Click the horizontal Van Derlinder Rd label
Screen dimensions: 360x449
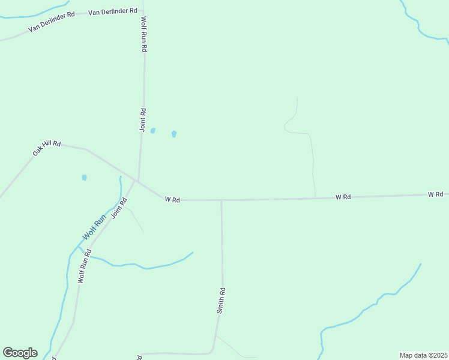[113, 11]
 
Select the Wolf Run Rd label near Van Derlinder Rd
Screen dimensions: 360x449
[144, 34]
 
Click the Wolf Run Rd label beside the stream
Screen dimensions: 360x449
[83, 266]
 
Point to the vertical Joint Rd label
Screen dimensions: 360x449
[143, 119]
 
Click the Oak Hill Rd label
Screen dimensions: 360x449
[47, 148]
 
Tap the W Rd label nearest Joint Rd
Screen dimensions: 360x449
[172, 199]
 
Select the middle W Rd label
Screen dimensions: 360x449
[343, 197]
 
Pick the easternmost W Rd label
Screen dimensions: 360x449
[435, 194]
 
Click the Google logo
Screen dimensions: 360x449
[20, 353]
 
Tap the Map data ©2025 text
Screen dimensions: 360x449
[424, 355]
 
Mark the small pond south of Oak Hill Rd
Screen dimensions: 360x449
[84, 178]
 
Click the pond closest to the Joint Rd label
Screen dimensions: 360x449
[153, 130]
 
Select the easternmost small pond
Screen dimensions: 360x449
[174, 134]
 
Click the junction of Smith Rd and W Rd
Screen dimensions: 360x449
[221, 200]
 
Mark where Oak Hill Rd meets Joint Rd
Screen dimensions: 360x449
[138, 181]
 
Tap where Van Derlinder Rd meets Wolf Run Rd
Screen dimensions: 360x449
[142, 10]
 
